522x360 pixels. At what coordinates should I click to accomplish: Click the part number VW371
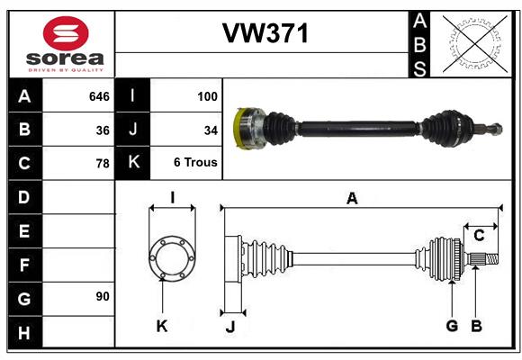(x=265, y=33)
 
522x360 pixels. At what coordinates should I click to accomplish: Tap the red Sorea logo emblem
(x=66, y=33)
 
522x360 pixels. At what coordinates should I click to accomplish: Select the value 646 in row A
(x=99, y=96)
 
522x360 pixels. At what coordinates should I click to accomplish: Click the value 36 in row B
(x=103, y=130)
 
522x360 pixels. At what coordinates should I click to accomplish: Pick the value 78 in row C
(x=103, y=164)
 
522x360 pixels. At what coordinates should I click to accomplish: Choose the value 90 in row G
(x=103, y=296)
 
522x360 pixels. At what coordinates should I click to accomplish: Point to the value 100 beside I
(x=207, y=96)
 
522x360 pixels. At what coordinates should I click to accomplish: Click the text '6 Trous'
(x=195, y=162)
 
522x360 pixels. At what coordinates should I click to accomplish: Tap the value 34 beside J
(x=211, y=130)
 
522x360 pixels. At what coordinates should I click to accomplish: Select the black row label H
(x=24, y=332)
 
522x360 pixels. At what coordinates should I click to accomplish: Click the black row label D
(x=24, y=197)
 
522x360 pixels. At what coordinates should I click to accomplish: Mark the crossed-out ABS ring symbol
(x=475, y=44)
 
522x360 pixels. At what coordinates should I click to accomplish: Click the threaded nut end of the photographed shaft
(x=497, y=129)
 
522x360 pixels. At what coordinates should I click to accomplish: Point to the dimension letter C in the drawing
(x=479, y=236)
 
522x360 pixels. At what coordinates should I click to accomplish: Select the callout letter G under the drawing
(x=452, y=326)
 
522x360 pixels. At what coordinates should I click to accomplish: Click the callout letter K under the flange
(x=162, y=326)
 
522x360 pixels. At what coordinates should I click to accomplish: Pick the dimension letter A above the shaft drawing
(x=352, y=199)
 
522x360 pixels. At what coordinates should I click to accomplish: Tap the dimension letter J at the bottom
(x=230, y=327)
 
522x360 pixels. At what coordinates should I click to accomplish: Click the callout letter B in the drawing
(x=476, y=326)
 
